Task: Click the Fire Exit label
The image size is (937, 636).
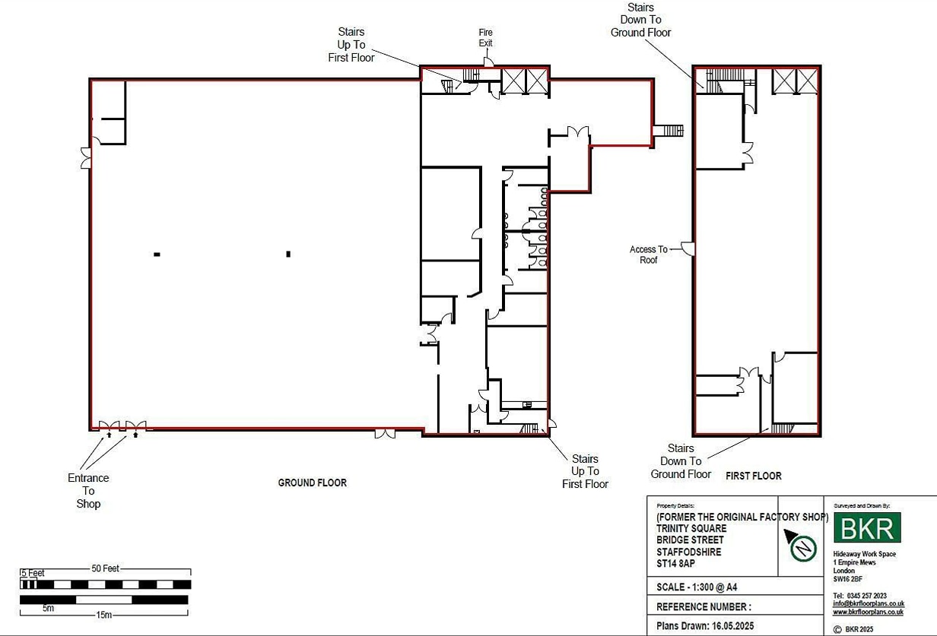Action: tap(485, 37)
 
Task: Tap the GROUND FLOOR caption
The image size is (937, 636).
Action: tap(312, 483)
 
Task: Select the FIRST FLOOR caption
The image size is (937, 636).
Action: tap(753, 476)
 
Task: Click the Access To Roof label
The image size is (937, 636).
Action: tap(648, 255)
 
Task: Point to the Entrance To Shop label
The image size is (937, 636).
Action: tap(88, 491)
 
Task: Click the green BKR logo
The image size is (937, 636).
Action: tap(867, 527)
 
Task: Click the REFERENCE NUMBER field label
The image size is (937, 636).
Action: tap(704, 607)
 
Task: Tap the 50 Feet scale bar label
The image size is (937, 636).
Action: tap(106, 569)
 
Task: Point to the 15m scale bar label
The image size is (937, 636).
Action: tap(104, 615)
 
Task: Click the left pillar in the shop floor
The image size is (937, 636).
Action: tap(157, 254)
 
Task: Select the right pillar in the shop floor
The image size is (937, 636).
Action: tap(288, 254)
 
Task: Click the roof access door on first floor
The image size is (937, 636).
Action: tap(687, 248)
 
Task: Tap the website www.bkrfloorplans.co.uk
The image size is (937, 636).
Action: tap(868, 612)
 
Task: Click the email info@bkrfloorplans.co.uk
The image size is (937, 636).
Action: tap(868, 604)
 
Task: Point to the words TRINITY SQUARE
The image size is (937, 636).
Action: tap(691, 528)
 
